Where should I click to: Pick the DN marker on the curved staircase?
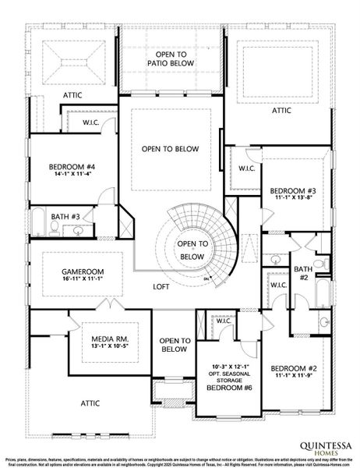click(x=206, y=278)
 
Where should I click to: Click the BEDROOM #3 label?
click(x=291, y=191)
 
